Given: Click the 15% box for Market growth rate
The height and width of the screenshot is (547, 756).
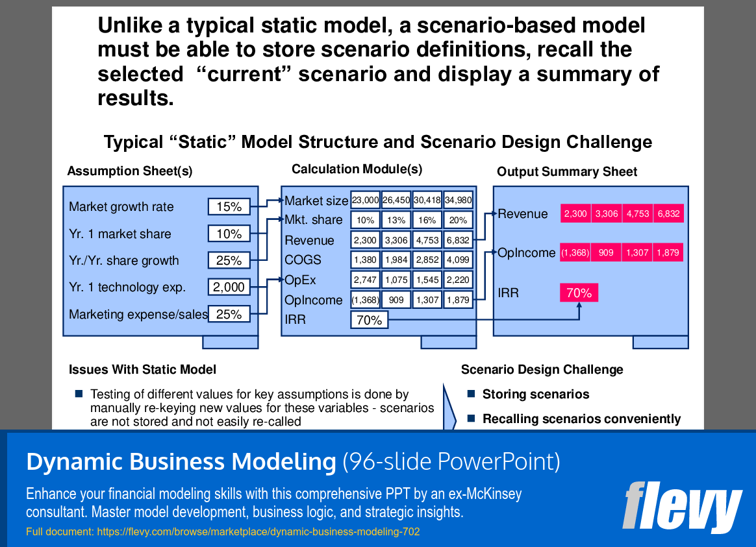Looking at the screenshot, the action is pyautogui.click(x=229, y=206).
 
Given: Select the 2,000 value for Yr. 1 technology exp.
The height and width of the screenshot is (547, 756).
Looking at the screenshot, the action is pyautogui.click(x=229, y=287).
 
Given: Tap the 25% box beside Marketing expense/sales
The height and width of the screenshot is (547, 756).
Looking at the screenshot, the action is pyautogui.click(x=229, y=314).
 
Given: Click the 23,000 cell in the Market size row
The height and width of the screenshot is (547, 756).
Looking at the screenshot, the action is pyautogui.click(x=365, y=200).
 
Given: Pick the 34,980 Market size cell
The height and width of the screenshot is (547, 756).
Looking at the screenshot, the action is pyautogui.click(x=458, y=200).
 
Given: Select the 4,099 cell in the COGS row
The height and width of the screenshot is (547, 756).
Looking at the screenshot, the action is pyautogui.click(x=458, y=260).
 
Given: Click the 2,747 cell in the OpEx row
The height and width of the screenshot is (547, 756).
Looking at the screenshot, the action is pyautogui.click(x=365, y=280).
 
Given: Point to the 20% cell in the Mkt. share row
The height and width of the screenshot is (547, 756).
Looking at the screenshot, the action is pyautogui.click(x=458, y=220).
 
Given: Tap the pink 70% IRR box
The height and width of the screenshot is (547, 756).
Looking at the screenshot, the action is pyautogui.click(x=579, y=293).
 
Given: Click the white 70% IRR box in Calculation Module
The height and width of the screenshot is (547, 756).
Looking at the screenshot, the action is pyautogui.click(x=370, y=320).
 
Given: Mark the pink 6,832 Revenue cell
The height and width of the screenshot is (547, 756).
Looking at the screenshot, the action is pyautogui.click(x=668, y=213).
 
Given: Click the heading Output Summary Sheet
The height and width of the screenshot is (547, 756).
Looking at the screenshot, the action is pyautogui.click(x=567, y=171).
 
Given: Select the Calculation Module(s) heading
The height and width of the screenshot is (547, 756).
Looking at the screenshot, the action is pyautogui.click(x=357, y=169).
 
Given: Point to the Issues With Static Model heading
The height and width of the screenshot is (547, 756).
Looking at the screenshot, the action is pyautogui.click(x=142, y=369).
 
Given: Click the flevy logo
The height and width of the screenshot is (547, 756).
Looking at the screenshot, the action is pyautogui.click(x=682, y=507).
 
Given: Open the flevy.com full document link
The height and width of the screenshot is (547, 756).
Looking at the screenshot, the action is pyautogui.click(x=258, y=531).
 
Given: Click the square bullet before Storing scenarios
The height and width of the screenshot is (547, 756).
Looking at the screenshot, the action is pyautogui.click(x=471, y=394).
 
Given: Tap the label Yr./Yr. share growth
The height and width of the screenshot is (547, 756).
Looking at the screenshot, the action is pyautogui.click(x=124, y=260).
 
